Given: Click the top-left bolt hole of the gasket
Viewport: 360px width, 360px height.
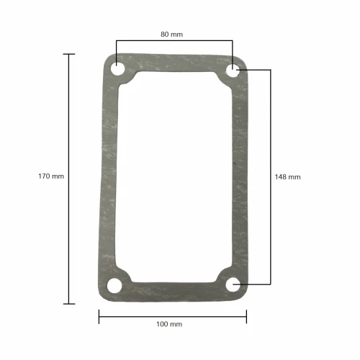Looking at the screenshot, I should (117, 70).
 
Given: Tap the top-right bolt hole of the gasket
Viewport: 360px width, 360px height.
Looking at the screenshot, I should (233, 70).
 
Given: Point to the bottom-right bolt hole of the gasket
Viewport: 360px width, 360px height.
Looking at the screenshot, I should (233, 285).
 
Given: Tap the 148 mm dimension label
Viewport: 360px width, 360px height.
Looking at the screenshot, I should (288, 176).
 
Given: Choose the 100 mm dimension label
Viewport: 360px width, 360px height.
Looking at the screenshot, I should (169, 324).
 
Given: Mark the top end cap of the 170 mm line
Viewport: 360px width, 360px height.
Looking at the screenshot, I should (69, 54).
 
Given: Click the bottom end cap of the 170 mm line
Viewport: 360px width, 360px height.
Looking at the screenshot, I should (69, 304).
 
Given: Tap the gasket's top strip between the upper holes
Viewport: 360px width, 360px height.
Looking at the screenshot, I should (175, 63).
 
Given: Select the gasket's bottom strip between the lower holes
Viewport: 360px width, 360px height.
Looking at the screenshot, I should (175, 290).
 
